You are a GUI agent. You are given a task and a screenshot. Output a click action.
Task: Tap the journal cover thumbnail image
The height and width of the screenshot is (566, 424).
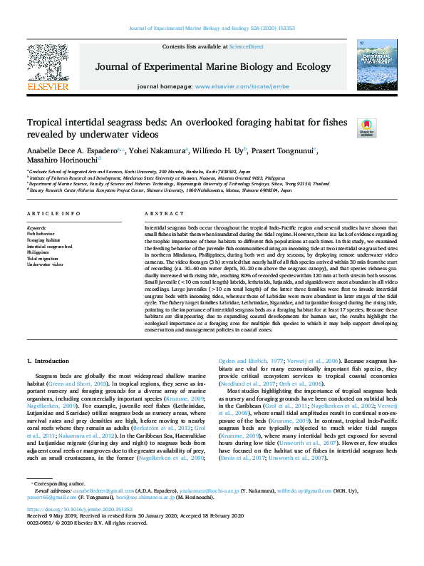click(x=377, y=66)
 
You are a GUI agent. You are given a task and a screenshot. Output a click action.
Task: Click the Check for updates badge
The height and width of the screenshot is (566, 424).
click(x=366, y=128)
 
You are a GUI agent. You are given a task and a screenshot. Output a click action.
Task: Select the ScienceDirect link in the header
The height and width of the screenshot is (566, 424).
click(x=246, y=46)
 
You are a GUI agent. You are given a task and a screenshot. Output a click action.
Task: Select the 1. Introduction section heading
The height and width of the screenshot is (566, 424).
click(x=48, y=363)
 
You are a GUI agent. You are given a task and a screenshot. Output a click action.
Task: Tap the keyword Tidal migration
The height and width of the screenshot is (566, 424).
click(x=42, y=258)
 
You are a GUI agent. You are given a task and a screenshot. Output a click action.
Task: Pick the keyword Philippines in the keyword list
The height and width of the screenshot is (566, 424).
click(x=39, y=252)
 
